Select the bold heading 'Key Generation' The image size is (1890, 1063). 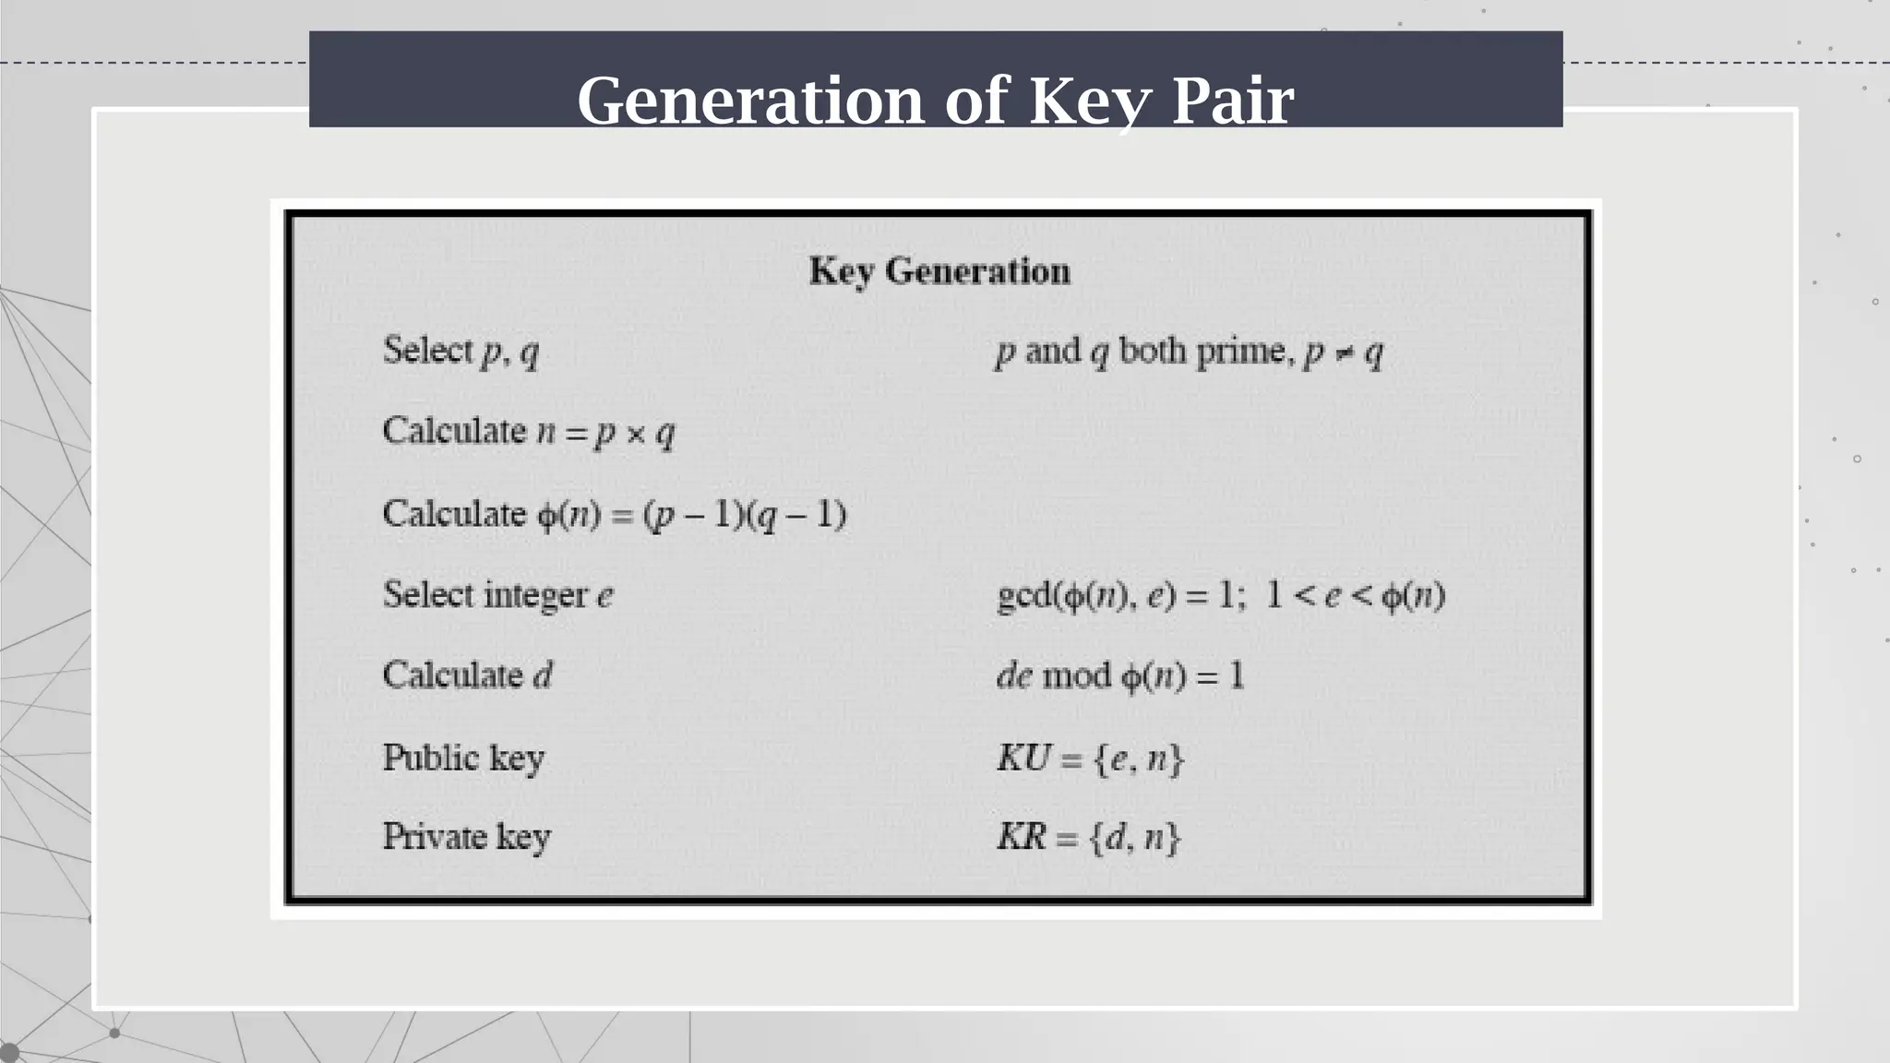tap(939, 271)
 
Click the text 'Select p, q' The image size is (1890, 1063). tap(461, 352)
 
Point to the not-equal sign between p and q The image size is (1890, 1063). tap(1344, 353)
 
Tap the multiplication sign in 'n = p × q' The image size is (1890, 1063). tap(635, 433)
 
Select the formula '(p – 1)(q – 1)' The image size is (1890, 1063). tap(744, 514)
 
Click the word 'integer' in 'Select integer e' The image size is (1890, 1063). tap(535, 595)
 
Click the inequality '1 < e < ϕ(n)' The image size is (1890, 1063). tap(1355, 596)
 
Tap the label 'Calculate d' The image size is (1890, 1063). tap(467, 675)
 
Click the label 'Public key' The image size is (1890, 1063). tap(463, 758)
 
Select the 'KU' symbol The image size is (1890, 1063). tap(1023, 758)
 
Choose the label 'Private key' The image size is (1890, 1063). tap(466, 837)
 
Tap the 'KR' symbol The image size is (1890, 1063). tap(1021, 837)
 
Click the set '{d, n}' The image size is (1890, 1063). tap(1134, 838)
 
